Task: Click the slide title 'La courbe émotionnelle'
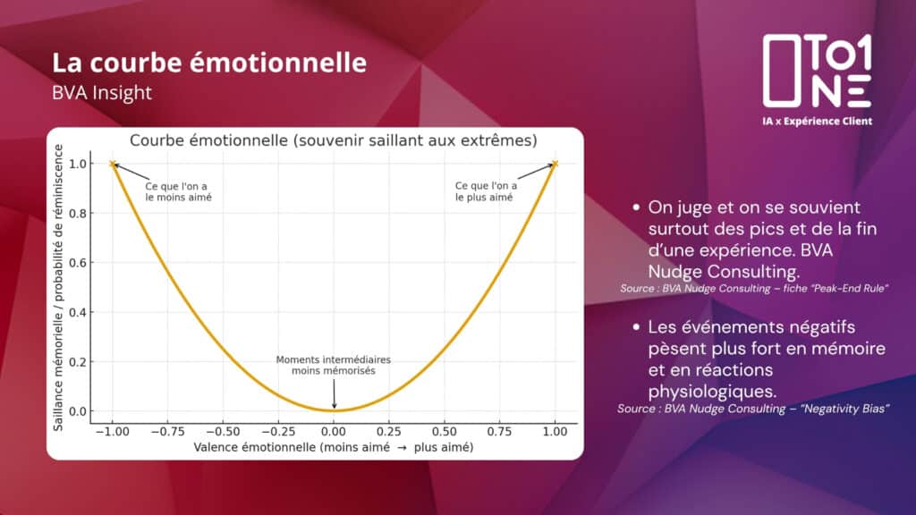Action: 209,63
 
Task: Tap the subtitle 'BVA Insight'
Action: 102,93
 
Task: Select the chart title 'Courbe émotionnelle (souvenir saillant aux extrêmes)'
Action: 333,140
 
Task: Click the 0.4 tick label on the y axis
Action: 78,313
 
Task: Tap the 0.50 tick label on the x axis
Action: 444,432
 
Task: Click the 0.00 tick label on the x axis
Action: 334,432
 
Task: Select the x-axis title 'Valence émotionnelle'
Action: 254,447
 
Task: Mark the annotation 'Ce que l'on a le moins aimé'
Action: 178,192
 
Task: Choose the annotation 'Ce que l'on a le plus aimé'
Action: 486,191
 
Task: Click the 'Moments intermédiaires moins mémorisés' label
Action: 334,366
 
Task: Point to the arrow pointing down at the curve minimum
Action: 335,394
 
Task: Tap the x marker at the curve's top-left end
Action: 113,165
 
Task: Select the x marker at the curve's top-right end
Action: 555,165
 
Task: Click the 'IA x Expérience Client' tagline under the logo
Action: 818,122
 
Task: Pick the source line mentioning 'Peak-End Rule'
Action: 754,289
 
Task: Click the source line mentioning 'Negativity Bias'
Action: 753,409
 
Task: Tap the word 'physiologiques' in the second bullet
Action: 712,392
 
